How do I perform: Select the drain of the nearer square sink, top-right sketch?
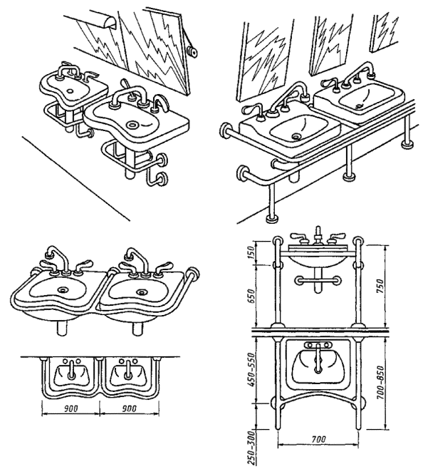[x=296, y=134]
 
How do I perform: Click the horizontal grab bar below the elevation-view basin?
[x=318, y=283]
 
